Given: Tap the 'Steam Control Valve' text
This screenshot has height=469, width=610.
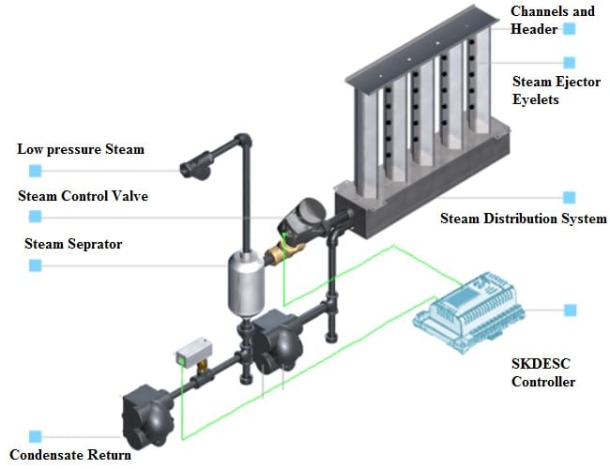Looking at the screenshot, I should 83,196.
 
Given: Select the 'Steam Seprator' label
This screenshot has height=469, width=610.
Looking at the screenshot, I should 73,244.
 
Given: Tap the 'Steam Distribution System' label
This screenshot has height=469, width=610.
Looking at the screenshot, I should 523,219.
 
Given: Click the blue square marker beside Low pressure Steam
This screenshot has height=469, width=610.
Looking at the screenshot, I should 36,171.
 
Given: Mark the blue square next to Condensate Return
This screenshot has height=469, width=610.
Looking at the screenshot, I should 36,436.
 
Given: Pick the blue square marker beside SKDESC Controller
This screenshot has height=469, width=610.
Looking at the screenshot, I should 570,310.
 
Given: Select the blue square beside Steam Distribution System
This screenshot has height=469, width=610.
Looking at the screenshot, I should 569,198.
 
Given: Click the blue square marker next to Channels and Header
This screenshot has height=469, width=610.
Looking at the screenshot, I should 569,29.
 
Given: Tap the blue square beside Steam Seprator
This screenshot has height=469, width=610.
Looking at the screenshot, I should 36,265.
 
